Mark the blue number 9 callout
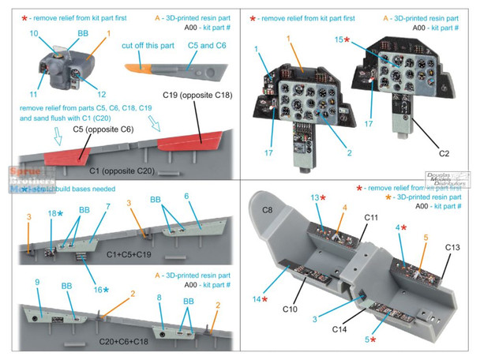[x=36, y=282]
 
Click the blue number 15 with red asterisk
[x=340, y=39]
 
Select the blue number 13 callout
[x=315, y=197]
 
